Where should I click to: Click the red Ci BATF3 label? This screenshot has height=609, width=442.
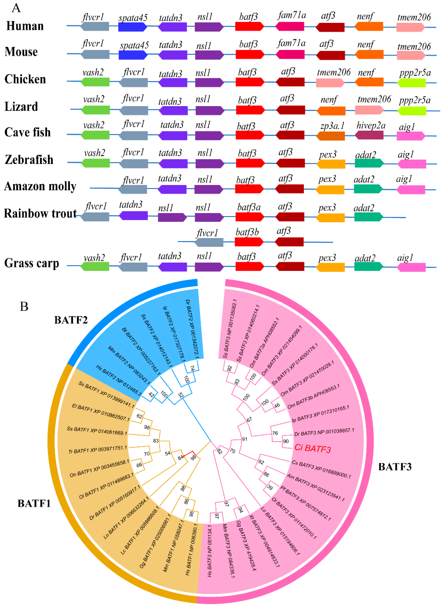click(312, 448)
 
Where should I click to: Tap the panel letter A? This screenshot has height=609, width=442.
click(16, 8)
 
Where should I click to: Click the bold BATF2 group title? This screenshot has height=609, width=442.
click(71, 320)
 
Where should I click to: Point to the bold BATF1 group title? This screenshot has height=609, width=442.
click(34, 503)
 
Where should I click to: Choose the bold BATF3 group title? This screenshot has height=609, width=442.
click(395, 467)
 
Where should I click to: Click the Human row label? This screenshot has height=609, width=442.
click(25, 26)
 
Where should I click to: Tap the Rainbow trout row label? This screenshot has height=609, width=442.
click(40, 213)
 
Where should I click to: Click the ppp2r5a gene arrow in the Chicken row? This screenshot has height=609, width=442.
click(411, 82)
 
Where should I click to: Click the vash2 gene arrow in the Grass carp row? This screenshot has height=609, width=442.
click(95, 266)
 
